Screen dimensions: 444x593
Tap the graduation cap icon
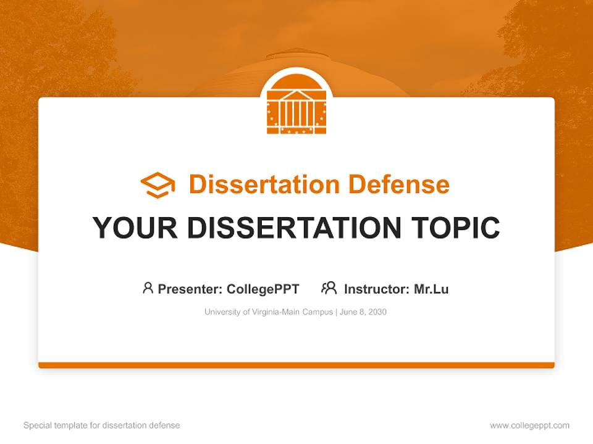click(x=158, y=184)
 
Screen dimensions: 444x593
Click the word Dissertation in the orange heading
click(x=264, y=184)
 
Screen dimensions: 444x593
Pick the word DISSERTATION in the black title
click(x=294, y=228)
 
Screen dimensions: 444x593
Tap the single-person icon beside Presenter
click(x=148, y=288)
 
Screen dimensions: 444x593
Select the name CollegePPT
click(x=263, y=289)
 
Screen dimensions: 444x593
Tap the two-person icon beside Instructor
click(x=329, y=288)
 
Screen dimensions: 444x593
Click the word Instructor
click(x=376, y=289)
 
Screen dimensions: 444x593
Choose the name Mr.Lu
click(x=431, y=289)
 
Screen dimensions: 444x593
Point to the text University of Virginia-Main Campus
click(x=269, y=312)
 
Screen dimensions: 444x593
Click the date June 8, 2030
click(x=364, y=312)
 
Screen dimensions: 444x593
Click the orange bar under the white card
click(x=296, y=365)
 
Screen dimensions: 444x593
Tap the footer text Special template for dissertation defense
click(x=102, y=425)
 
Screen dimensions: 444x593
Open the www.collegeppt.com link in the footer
click(x=529, y=425)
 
